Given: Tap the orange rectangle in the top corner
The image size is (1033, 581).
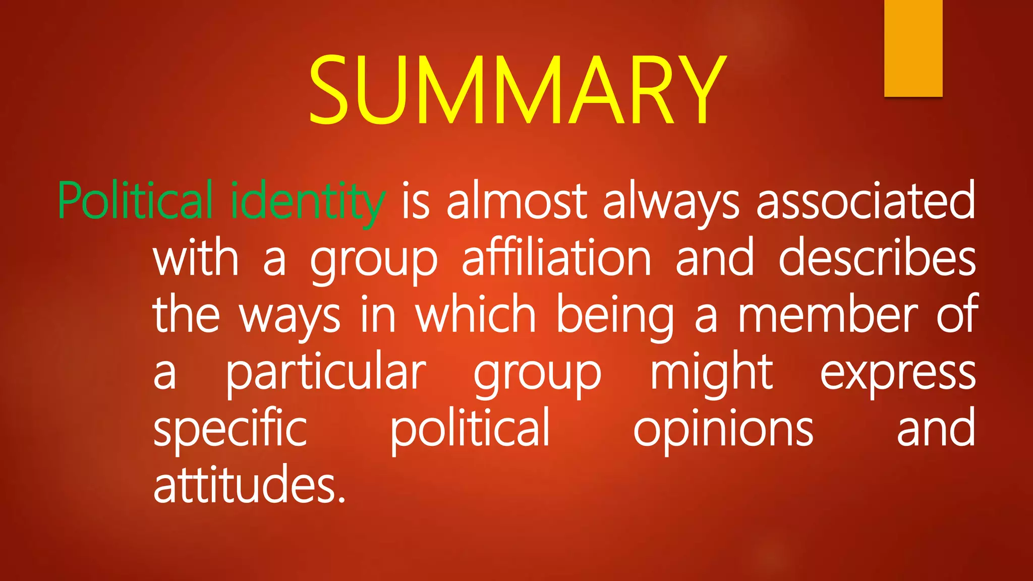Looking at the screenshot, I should (x=913, y=48).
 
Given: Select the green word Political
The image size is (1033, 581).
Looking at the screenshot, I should (x=135, y=201).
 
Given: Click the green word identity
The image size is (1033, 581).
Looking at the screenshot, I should (x=308, y=202).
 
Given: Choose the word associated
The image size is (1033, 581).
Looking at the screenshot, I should (x=866, y=201).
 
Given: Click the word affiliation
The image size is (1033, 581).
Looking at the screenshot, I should (x=556, y=258).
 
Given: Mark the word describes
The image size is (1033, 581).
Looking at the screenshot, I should (x=877, y=258).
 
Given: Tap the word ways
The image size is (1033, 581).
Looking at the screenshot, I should (x=290, y=317).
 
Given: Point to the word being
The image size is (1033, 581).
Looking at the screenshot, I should (x=615, y=317).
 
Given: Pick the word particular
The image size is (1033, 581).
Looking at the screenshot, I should (x=326, y=373).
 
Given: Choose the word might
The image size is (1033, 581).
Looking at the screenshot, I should (x=711, y=373).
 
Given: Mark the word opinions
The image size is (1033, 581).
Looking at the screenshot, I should (x=723, y=430).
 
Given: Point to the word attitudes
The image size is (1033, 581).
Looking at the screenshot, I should (x=250, y=484).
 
